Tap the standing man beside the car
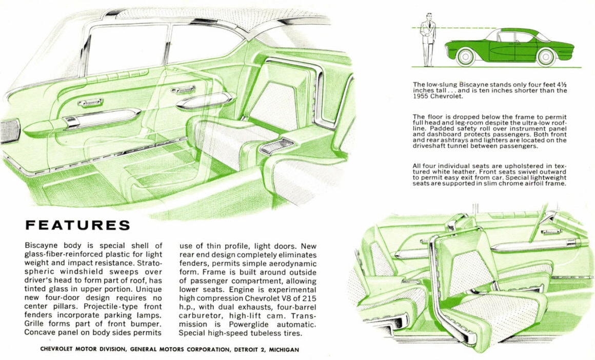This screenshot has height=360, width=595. coord(427,39)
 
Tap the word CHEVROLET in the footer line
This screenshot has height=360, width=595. coord(60,349)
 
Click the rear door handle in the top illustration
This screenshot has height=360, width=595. coord(183,90)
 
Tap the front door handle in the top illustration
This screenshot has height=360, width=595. coord(90,103)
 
